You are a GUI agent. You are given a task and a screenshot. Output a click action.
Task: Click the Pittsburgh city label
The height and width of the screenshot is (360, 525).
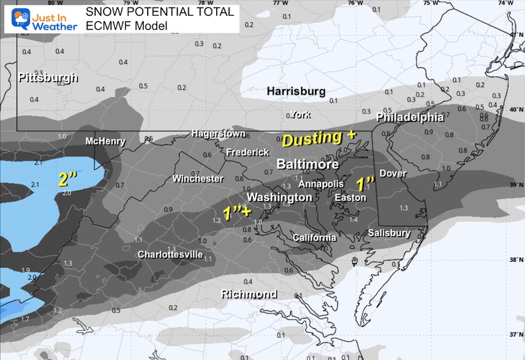click(x=48, y=78)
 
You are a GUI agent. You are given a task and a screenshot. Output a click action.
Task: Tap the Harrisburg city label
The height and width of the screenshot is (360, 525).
click(x=296, y=91)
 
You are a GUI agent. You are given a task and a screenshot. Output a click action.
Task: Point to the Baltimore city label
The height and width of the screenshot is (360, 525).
click(x=307, y=165)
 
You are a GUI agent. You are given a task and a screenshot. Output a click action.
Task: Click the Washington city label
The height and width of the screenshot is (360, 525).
click(x=280, y=198)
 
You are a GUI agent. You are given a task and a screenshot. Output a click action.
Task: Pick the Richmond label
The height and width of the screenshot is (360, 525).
click(x=249, y=294)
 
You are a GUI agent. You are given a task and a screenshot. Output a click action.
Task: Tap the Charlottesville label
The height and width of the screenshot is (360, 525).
click(x=170, y=254)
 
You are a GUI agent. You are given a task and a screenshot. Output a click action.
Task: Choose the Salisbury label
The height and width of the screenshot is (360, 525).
click(x=389, y=234)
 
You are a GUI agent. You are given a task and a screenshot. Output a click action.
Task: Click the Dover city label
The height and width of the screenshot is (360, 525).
click(x=392, y=173)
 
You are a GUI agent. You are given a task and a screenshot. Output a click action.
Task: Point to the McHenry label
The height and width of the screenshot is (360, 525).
click(x=105, y=142)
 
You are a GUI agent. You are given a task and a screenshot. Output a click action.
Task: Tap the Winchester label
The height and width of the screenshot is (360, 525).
click(x=198, y=179)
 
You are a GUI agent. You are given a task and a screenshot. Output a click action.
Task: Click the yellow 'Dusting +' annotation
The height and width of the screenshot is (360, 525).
click(x=318, y=138)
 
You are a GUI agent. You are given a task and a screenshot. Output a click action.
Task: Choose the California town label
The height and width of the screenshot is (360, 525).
click(x=314, y=238)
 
